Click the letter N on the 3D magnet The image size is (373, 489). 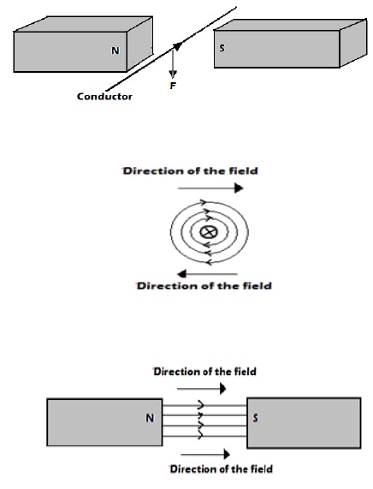115,51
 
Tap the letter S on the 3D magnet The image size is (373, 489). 222,48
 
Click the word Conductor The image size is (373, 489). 104,97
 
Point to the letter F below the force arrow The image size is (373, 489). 173,86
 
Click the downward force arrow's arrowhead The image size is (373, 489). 173,75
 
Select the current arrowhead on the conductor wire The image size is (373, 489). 178,46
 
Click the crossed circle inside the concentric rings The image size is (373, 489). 209,232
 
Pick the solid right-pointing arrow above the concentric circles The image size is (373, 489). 210,188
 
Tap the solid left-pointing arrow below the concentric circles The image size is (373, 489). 207,274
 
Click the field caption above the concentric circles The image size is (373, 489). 190,171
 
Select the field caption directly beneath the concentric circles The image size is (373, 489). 204,286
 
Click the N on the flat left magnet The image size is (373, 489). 150,418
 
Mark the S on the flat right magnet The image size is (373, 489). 255,418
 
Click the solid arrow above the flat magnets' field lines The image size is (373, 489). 201,389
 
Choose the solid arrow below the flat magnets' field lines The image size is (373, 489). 205,455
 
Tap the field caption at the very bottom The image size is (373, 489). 222,469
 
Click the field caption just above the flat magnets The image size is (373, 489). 205,372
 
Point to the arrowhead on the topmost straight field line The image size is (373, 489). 201,405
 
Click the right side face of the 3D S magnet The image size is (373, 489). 353,43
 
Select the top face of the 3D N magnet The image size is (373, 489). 84,24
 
